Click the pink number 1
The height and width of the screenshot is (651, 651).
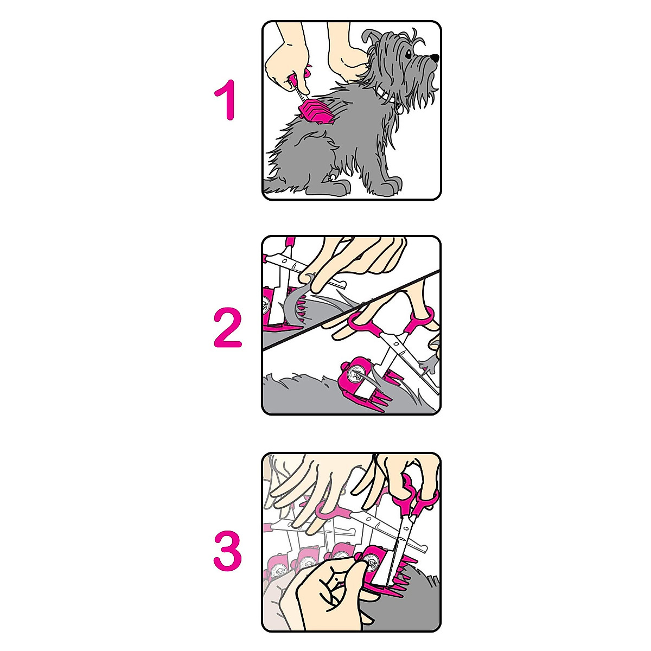point(226,100)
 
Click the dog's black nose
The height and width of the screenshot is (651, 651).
point(435,57)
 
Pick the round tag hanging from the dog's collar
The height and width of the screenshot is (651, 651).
point(398,107)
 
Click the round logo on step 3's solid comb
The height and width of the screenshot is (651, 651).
point(373,563)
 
